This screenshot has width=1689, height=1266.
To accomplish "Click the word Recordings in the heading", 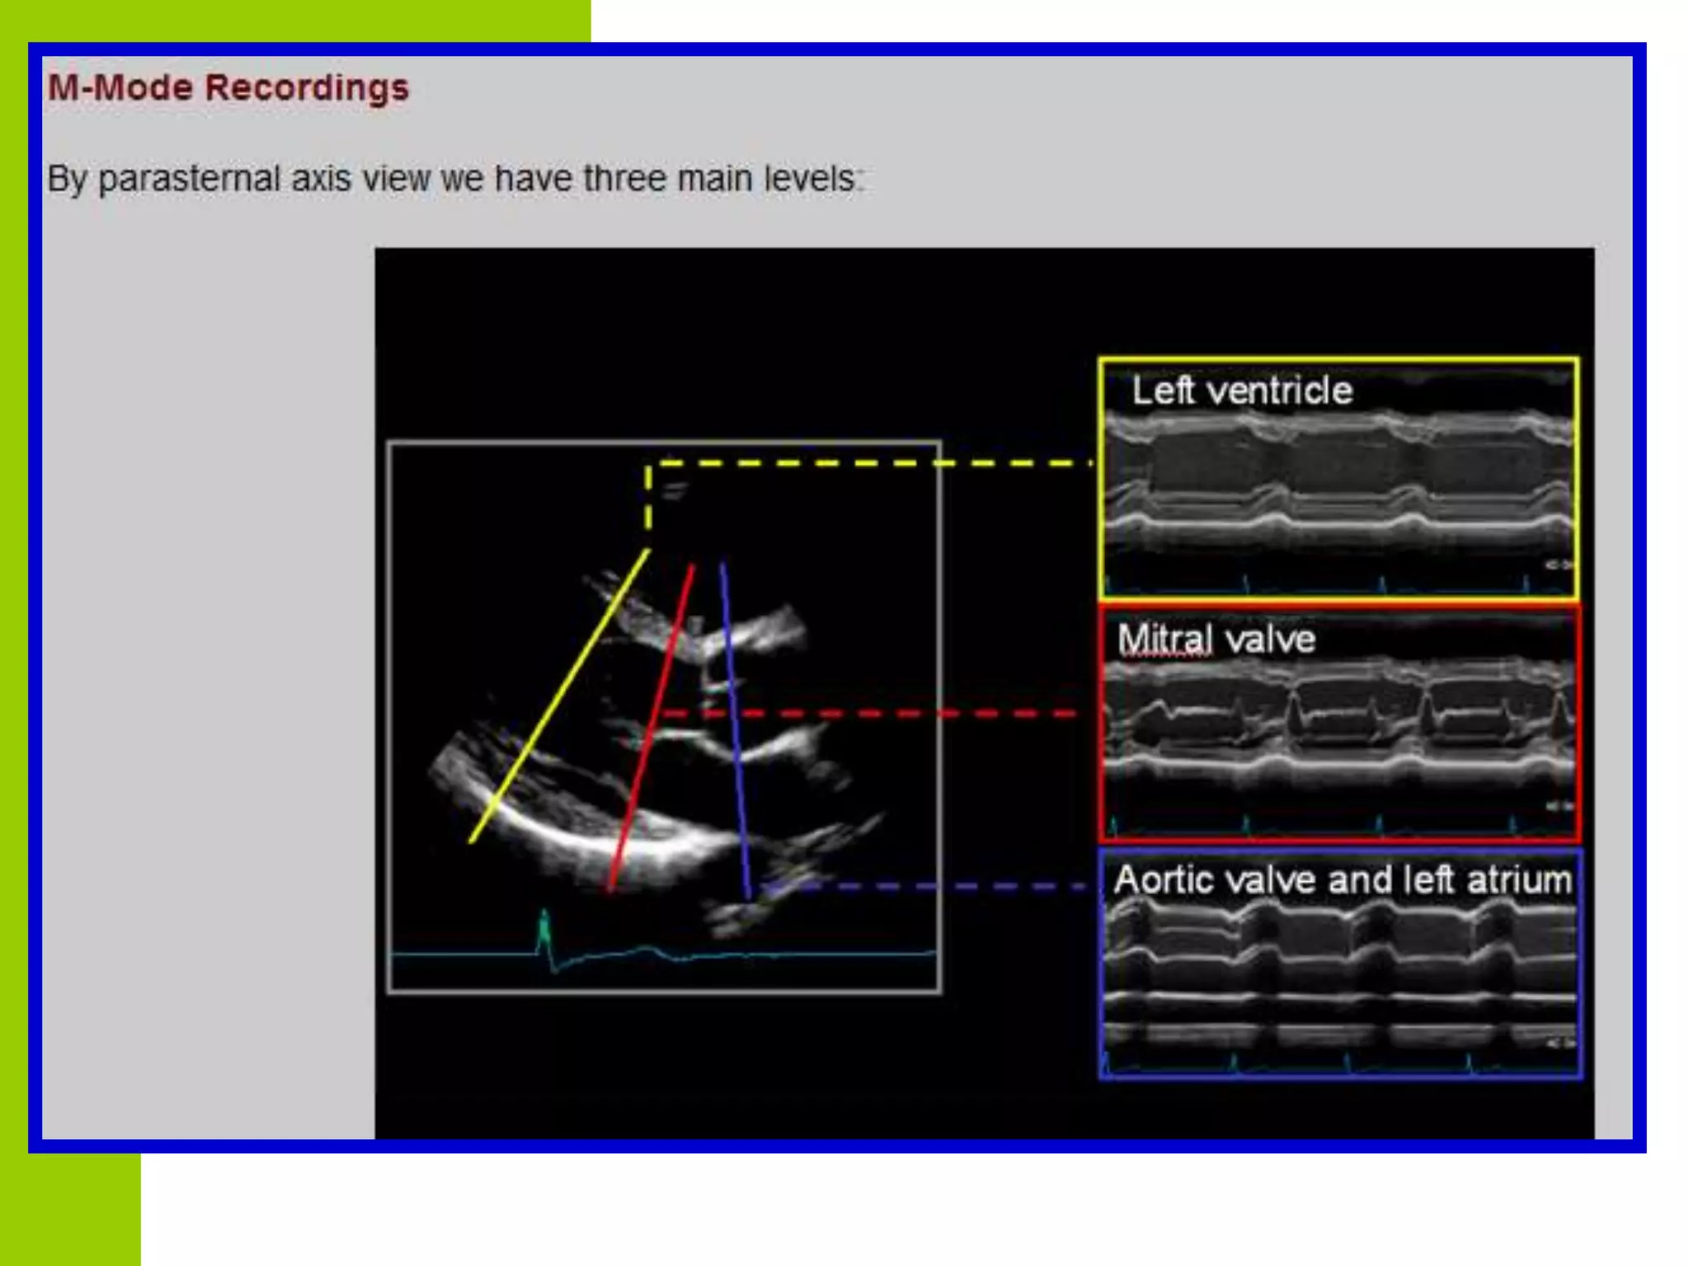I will pyautogui.click(x=306, y=87).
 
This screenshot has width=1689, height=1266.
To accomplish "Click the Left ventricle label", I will pyautogui.click(x=1241, y=391).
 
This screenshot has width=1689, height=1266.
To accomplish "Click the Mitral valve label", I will pyautogui.click(x=1216, y=640).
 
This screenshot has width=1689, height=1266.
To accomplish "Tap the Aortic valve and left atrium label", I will pyautogui.click(x=1342, y=879).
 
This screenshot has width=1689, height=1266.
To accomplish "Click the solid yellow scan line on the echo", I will pyautogui.click(x=559, y=696).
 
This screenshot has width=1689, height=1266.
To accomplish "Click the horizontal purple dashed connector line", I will pyautogui.click(x=932, y=886).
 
